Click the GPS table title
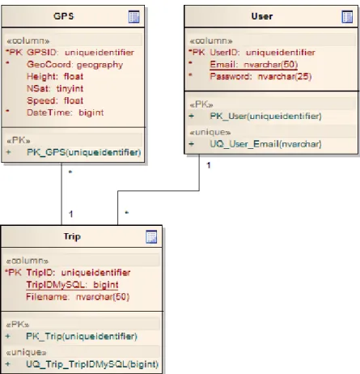[64, 16]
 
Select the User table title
[262, 16]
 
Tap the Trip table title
[72, 236]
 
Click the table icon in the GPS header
[134, 17]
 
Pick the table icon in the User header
[347, 17]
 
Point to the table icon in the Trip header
[151, 236]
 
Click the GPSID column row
[70, 53]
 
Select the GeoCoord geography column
[74, 65]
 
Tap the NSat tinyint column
[55, 88]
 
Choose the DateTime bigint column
[65, 113]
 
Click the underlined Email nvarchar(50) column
[254, 65]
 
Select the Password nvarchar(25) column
[260, 76]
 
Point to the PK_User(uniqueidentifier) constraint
[265, 117]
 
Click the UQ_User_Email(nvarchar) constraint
[265, 144]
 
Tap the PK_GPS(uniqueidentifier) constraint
[83, 152]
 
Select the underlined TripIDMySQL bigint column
[72, 285]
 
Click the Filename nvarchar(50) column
[78, 297]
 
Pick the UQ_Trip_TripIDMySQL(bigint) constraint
[92, 364]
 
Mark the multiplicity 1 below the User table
[209, 165]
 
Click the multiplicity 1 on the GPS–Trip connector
[71, 214]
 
